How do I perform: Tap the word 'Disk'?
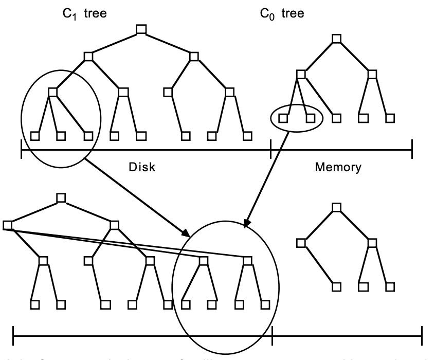142,167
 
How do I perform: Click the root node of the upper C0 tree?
336,39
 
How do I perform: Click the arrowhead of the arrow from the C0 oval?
246,223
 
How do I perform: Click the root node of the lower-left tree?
61,197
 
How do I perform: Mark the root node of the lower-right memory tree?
336,207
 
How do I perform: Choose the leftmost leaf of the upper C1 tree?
35,136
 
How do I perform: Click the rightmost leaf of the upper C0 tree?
391,118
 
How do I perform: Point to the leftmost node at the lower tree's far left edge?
7,225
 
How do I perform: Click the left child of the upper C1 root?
88,56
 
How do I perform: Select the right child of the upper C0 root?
371,75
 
